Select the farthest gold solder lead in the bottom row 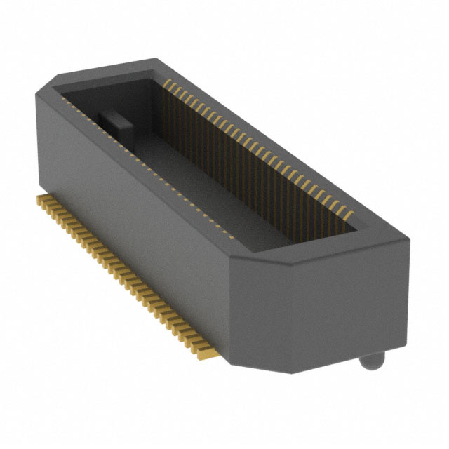(39, 201)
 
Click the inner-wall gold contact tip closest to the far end (167, 82)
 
